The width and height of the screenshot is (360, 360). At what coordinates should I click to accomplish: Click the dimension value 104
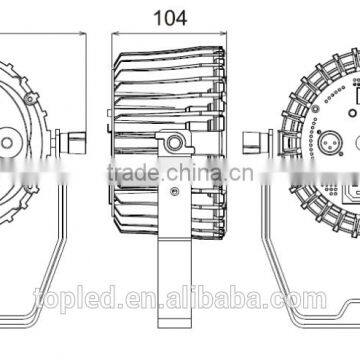(170, 18)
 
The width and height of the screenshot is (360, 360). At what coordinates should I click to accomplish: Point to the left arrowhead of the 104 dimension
(116, 33)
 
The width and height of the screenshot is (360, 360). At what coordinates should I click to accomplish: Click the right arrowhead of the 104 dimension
(223, 33)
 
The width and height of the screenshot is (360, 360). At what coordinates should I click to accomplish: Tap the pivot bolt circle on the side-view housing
(174, 143)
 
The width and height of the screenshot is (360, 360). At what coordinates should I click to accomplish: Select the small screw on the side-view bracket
(173, 191)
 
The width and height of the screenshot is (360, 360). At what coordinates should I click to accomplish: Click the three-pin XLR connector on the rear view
(328, 143)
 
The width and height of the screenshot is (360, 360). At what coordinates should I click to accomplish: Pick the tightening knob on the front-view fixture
(73, 143)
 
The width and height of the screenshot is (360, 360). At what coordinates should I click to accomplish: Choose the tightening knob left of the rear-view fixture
(255, 143)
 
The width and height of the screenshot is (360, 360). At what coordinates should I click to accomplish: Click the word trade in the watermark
(134, 173)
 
